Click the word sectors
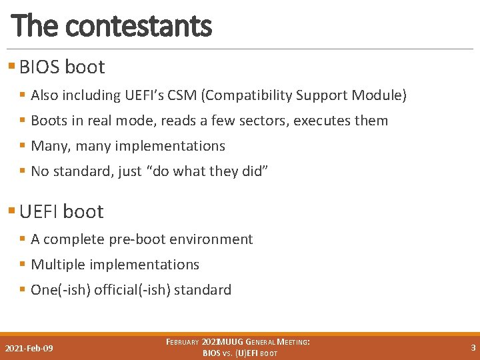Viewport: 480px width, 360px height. click(262, 121)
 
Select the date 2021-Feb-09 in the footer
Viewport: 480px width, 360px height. click(29, 349)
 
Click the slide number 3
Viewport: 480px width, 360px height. click(473, 347)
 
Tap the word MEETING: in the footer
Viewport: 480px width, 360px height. click(289, 342)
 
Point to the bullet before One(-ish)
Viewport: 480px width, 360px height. click(23, 290)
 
